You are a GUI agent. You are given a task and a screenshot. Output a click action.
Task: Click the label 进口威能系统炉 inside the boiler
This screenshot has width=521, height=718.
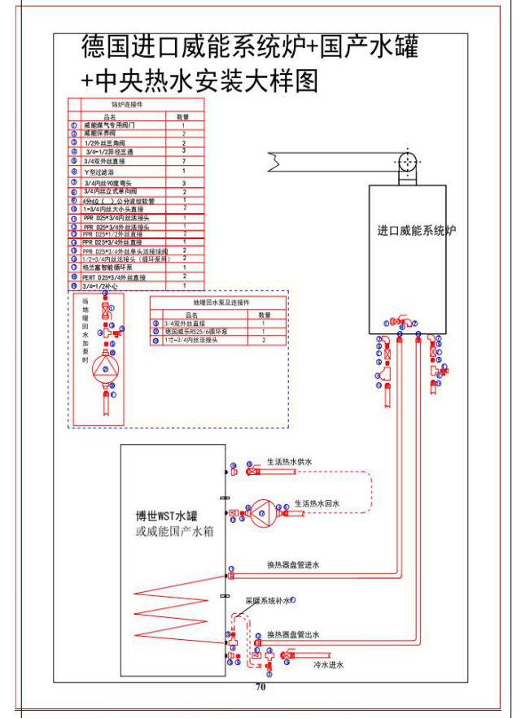[x=416, y=230]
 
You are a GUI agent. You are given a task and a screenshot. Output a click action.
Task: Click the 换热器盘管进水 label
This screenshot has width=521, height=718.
[x=293, y=564]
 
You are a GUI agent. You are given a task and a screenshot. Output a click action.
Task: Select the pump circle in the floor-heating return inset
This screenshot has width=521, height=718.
[x=103, y=369]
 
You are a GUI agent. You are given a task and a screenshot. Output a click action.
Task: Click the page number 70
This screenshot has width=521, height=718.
[x=260, y=686]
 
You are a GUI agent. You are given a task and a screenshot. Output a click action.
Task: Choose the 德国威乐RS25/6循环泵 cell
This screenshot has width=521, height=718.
[x=198, y=332]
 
